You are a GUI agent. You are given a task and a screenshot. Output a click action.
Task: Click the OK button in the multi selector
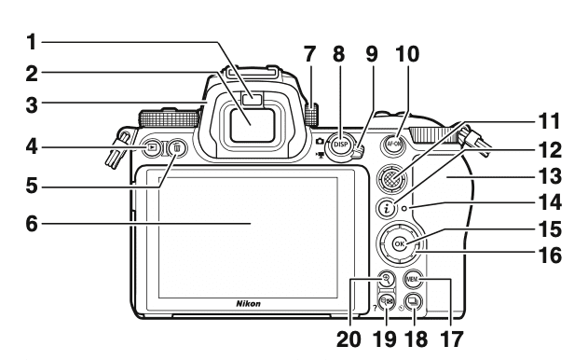(x=400, y=244)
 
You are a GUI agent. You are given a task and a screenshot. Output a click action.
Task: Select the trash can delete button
(x=177, y=147)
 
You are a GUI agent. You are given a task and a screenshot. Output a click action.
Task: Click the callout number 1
(x=32, y=43)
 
